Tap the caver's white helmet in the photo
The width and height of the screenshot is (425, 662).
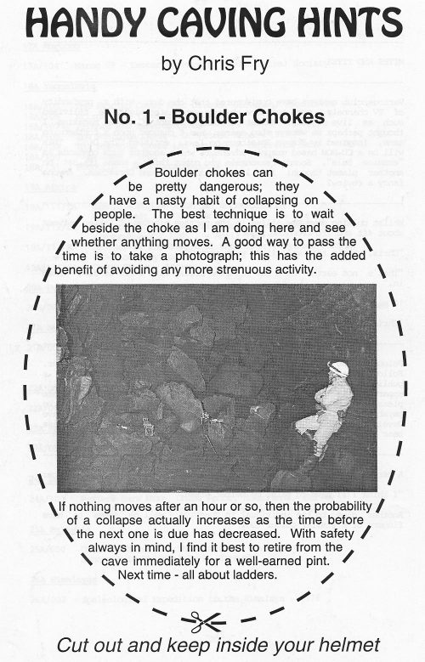[x=337, y=368]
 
